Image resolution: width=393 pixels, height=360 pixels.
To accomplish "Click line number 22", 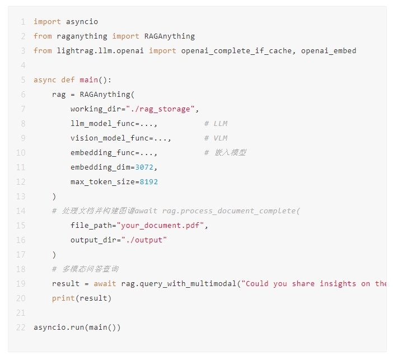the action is click(21, 328).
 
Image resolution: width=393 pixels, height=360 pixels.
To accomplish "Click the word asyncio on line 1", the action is click(82, 22).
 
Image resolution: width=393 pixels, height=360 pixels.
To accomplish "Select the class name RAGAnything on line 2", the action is click(170, 36).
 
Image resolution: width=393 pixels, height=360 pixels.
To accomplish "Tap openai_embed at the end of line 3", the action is click(329, 51).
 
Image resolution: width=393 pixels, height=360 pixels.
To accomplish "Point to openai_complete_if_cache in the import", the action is click(236, 51).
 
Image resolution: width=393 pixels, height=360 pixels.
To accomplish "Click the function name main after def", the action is click(88, 80).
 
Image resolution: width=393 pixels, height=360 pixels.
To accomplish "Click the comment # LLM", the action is click(216, 124).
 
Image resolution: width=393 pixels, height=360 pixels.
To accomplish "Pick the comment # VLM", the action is click(216, 138).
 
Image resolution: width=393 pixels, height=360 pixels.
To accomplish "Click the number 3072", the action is click(144, 167).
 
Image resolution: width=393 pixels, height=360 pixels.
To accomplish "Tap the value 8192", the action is click(148, 182).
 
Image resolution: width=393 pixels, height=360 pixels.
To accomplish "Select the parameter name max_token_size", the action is click(103, 182).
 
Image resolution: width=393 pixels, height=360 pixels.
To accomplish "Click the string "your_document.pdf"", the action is click(161, 226).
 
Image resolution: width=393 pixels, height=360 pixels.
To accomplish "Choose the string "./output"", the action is click(144, 240).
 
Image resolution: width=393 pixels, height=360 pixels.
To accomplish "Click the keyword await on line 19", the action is click(105, 283).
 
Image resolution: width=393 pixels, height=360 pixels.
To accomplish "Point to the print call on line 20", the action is click(82, 298).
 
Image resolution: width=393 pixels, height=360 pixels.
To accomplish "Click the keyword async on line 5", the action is click(45, 80).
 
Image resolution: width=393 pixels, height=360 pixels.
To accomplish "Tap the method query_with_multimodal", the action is click(188, 284).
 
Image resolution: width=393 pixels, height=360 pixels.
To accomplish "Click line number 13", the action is click(21, 197).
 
